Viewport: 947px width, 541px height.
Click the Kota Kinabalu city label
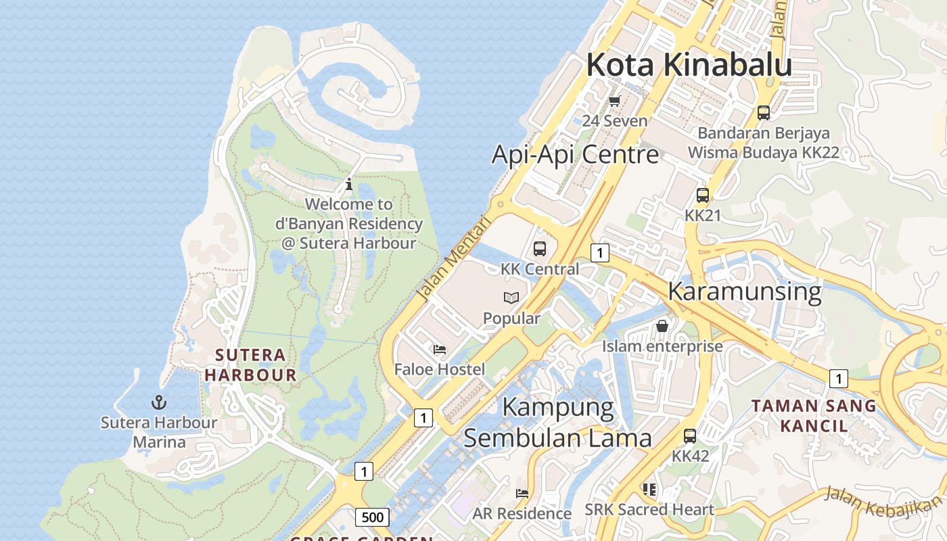(689, 65)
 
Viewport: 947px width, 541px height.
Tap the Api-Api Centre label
(575, 154)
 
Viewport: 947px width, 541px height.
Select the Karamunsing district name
(744, 291)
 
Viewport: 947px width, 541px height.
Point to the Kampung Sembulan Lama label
(558, 423)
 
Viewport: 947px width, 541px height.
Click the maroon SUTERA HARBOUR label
(251, 364)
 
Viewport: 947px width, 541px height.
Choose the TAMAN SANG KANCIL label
(814, 416)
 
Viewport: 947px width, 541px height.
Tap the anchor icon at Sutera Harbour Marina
(159, 403)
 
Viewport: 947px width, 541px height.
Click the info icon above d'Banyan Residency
(349, 184)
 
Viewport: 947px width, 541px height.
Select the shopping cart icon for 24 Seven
(614, 101)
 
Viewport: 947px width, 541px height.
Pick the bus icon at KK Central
(539, 248)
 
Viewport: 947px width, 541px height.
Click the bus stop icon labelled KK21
(703, 195)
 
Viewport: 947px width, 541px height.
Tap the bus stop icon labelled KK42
(690, 436)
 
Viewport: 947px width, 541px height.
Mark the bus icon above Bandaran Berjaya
(764, 113)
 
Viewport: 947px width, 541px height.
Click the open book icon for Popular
(511, 298)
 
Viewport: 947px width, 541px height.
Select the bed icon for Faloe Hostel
(440, 350)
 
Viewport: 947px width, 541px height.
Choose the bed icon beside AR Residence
(522, 494)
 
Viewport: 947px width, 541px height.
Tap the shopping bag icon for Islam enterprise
(662, 326)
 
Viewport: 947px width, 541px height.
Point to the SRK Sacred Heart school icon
(649, 489)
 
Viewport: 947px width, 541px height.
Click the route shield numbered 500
(372, 517)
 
